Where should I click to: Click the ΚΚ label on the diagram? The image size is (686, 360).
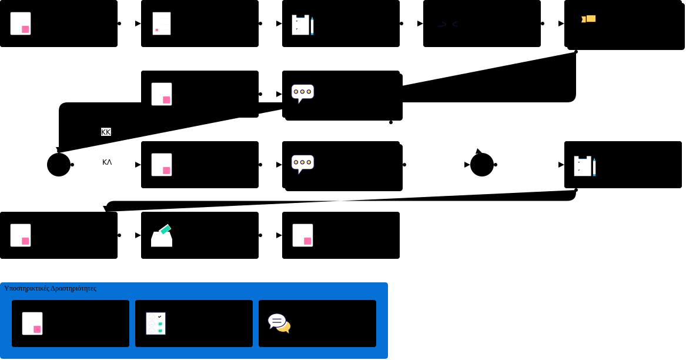[106, 132]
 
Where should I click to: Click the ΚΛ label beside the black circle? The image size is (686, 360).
[107, 162]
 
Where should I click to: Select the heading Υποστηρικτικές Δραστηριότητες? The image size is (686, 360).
[50, 288]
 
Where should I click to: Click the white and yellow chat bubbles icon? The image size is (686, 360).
[279, 323]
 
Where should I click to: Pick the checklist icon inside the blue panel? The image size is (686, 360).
[156, 324]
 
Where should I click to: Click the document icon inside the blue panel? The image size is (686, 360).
[32, 324]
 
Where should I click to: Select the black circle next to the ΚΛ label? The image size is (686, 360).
[59, 165]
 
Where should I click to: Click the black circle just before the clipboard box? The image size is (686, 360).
[482, 165]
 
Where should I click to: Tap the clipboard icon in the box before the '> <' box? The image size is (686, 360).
[300, 25]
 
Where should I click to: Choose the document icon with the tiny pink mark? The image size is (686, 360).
[162, 24]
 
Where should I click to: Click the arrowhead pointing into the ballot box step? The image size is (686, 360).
[138, 235]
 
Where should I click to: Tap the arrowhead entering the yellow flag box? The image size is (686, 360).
[561, 24]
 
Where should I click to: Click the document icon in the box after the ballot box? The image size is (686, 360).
[303, 235]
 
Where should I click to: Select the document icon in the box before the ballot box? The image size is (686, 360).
[21, 235]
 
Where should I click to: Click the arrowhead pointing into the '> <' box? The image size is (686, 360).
[420, 24]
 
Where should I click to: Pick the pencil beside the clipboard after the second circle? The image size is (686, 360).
[594, 166]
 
